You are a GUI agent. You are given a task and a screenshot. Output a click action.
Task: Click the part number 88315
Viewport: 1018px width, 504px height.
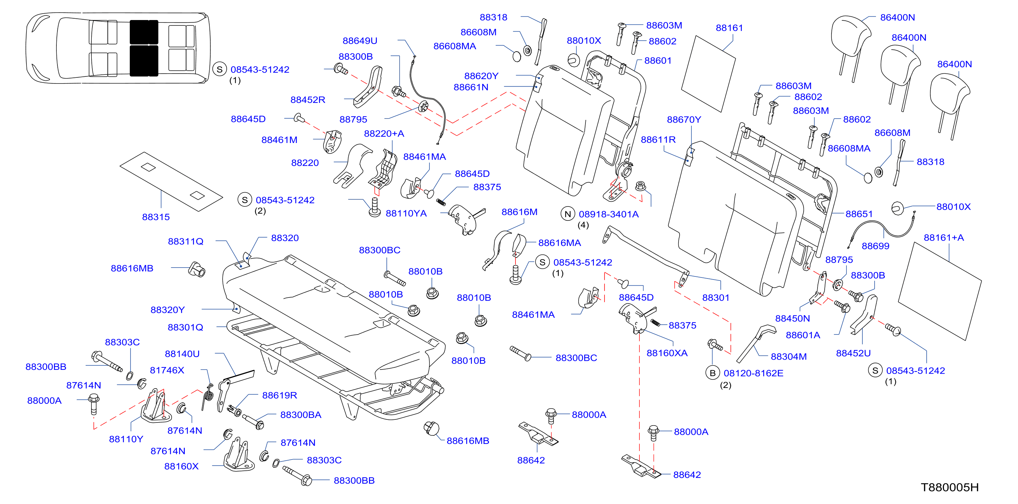point(156,217)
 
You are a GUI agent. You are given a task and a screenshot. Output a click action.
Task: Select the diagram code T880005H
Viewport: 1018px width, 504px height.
point(950,487)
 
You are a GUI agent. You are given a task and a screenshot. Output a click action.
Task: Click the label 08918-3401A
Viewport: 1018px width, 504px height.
point(609,214)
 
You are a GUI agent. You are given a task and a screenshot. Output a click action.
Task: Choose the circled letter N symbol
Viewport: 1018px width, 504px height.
point(568,214)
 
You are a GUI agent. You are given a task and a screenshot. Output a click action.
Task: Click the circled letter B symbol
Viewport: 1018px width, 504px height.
point(713,373)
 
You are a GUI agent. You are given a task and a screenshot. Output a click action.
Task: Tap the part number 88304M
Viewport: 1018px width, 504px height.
point(788,356)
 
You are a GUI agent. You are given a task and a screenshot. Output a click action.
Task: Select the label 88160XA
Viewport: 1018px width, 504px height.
point(667,353)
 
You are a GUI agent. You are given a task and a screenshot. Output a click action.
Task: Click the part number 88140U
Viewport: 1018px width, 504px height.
point(182,354)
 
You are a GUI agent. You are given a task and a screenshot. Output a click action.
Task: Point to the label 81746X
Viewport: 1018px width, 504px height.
point(167,370)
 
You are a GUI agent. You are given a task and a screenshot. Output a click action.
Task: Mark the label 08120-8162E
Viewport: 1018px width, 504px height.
point(753,373)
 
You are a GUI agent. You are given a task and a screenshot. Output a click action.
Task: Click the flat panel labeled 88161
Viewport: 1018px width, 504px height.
point(708,74)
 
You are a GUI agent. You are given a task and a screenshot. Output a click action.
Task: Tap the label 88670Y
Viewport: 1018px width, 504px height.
point(684,119)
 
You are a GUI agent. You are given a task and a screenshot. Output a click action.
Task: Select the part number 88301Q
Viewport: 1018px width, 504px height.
point(185,327)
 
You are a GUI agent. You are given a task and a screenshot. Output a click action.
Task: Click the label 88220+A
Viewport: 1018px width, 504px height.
point(384,133)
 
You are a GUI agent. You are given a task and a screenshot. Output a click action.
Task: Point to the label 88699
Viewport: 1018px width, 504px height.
point(875,246)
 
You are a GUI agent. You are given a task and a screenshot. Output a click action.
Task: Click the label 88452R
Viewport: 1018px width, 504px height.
point(308,100)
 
